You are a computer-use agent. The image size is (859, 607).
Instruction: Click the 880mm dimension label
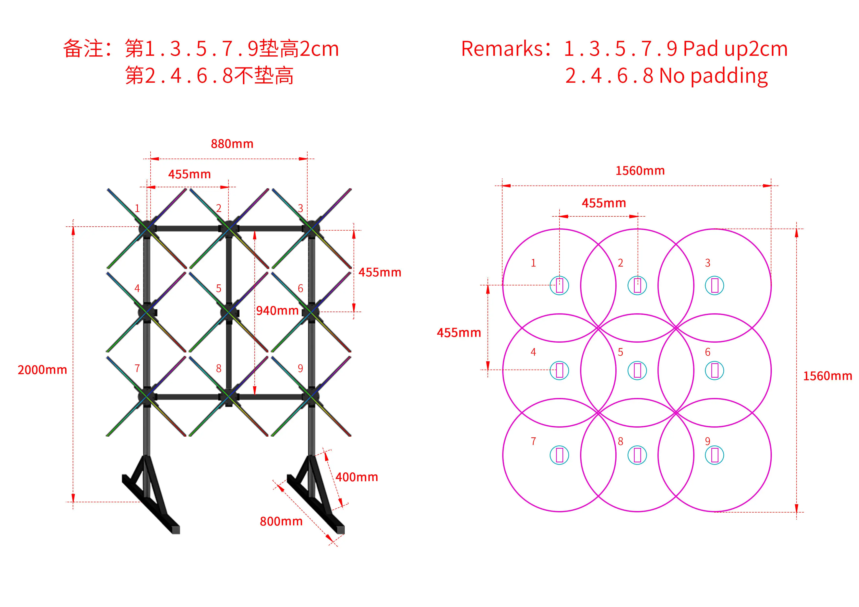(232, 144)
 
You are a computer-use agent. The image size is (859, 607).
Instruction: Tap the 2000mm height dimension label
(42, 370)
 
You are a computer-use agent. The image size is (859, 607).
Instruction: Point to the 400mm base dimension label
(357, 477)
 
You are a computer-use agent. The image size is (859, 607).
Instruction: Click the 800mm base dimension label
(281, 521)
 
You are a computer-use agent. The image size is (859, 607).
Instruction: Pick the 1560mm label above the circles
(640, 171)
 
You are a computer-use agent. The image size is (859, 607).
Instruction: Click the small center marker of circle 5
(637, 370)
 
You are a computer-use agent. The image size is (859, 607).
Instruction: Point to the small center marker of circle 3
(714, 286)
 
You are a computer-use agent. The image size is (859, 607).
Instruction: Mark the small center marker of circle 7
(559, 455)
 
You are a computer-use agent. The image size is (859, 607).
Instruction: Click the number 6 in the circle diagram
(707, 352)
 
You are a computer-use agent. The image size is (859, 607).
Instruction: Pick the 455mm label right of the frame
(380, 272)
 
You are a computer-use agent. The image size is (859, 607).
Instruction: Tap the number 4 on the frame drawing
(137, 288)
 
